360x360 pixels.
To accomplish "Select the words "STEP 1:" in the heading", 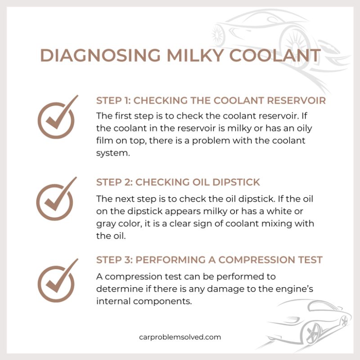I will [x=113, y=100].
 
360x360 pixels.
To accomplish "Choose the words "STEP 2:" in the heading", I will [x=114, y=182].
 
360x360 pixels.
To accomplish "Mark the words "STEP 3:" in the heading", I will [x=114, y=260].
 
